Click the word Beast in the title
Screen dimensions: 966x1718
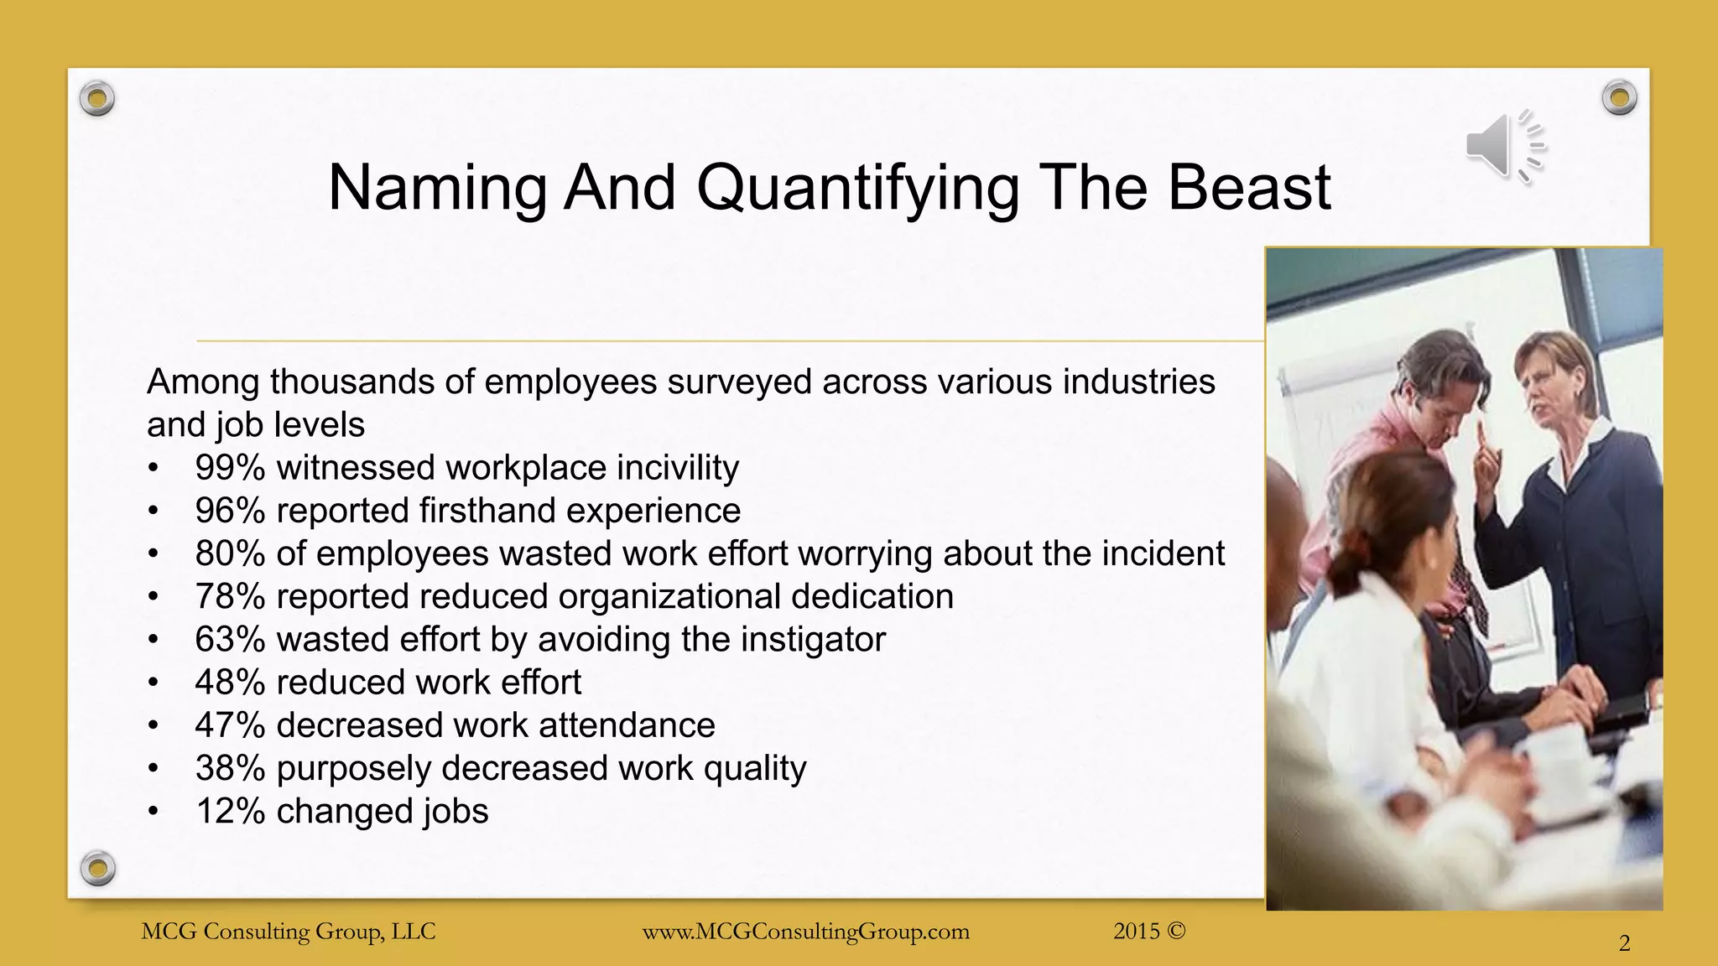(x=1249, y=187)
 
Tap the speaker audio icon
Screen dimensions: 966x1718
(x=1504, y=146)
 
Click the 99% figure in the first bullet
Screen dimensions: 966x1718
(x=229, y=467)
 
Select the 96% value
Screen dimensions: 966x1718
(x=229, y=511)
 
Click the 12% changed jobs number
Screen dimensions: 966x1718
(x=229, y=812)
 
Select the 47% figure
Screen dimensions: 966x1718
(x=229, y=725)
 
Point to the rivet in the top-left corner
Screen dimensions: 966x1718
(x=97, y=99)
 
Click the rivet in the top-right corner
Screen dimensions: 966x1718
(x=1619, y=98)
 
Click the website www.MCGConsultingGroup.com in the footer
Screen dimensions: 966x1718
(x=805, y=932)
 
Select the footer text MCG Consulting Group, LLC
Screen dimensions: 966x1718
(x=289, y=932)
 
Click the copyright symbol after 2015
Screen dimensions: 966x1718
(x=1176, y=931)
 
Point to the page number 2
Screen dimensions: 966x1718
(x=1624, y=944)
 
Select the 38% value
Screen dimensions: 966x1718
(x=229, y=768)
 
